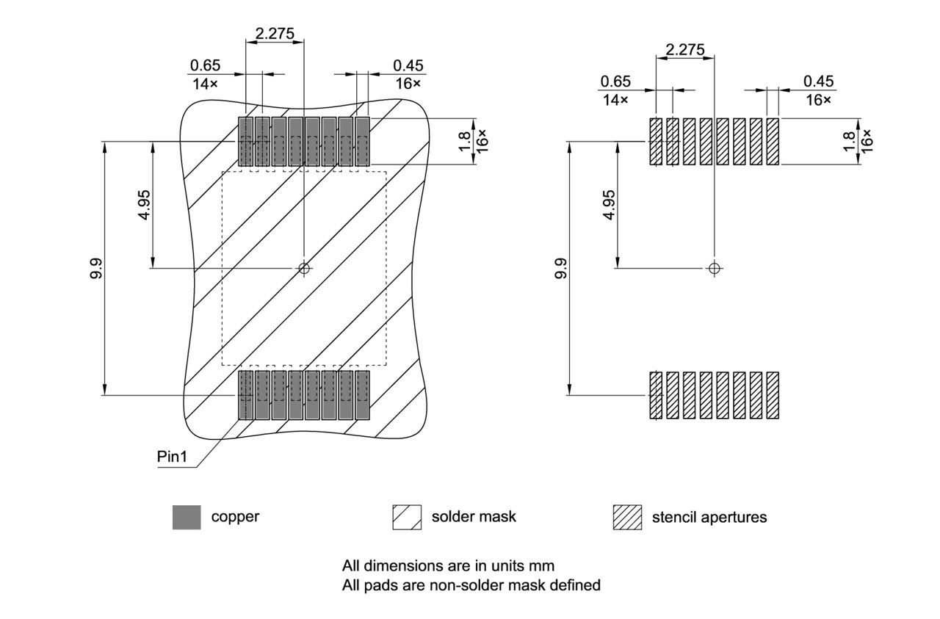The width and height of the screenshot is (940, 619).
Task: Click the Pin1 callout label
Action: [172, 457]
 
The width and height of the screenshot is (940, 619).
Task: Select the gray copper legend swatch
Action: [186, 517]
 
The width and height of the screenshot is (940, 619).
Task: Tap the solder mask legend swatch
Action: [408, 517]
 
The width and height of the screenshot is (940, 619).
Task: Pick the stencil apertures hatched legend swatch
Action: [626, 517]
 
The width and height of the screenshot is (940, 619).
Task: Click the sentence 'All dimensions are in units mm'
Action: [448, 566]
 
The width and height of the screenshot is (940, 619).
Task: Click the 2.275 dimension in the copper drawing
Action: [274, 33]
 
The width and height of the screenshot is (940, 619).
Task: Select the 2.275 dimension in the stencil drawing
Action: [684, 50]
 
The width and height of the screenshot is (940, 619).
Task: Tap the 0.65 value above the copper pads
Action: [205, 65]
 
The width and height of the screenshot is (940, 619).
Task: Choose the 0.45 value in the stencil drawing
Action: [818, 82]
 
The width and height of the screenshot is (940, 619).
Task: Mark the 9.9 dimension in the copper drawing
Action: [95, 268]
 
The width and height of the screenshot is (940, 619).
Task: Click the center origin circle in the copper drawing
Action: [303, 268]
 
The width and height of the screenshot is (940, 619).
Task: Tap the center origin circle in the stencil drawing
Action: [714, 268]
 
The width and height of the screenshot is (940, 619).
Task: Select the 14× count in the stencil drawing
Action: [615, 99]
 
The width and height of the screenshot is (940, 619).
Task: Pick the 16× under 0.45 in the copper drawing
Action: [408, 83]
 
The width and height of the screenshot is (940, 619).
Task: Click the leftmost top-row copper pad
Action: [245, 141]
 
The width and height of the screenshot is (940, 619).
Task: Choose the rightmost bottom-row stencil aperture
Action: [772, 396]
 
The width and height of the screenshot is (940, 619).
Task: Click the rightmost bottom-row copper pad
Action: [362, 396]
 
